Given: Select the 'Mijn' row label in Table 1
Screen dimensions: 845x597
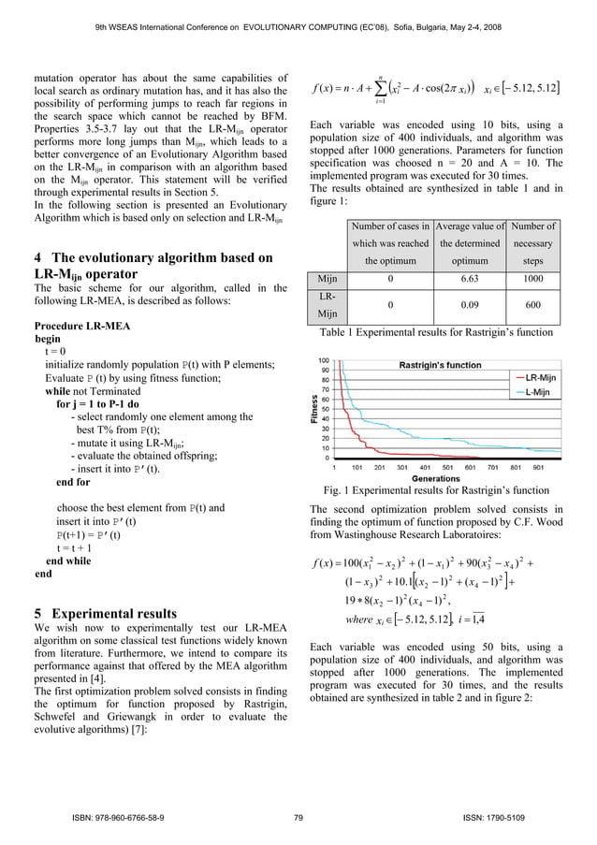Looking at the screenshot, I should click(328, 279).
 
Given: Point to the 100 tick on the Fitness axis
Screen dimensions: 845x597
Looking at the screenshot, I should click(323, 361).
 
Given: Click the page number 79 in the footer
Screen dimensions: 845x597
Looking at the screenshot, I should click(298, 819).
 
